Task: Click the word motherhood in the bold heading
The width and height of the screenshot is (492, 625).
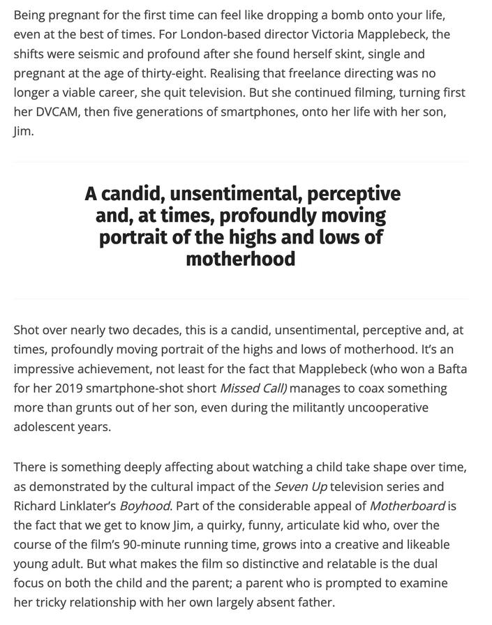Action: [240, 259]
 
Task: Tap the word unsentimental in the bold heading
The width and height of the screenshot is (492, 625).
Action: [234, 193]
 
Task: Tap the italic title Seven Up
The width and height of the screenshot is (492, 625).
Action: [301, 486]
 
